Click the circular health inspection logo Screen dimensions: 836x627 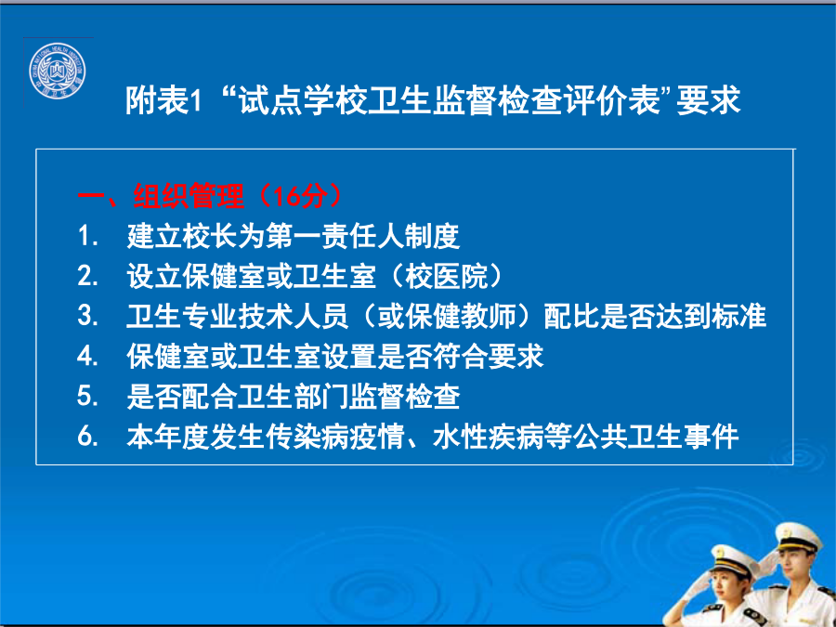(58, 71)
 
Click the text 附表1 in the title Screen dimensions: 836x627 (163, 100)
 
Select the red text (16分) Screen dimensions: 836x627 (299, 196)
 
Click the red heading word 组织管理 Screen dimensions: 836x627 (189, 196)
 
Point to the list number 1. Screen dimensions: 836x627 (87, 236)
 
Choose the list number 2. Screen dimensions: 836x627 (87, 276)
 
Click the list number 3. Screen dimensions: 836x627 (87, 316)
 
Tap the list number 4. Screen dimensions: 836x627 (87, 356)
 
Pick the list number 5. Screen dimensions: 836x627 (87, 396)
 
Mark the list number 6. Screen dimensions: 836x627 (87, 437)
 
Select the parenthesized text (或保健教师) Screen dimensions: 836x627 (446, 316)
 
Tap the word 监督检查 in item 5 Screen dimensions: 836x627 (404, 397)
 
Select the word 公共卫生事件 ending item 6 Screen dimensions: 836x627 (655, 437)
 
